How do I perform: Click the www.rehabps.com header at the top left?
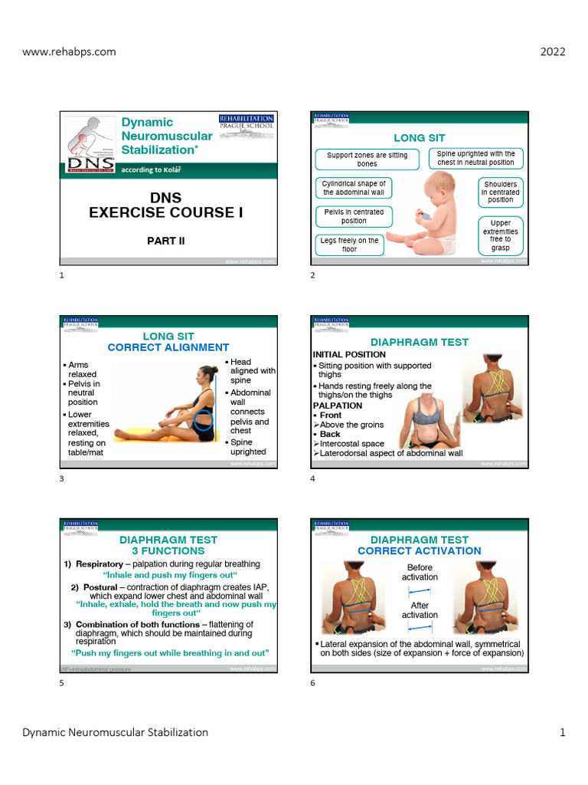[x=69, y=52]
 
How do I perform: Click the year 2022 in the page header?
[x=553, y=52]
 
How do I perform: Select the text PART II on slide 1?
[x=166, y=241]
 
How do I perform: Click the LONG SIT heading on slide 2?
[x=420, y=138]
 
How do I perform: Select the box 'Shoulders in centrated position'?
[x=500, y=192]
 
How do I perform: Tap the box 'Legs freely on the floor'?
[x=349, y=245]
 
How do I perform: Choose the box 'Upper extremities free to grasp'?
[x=500, y=235]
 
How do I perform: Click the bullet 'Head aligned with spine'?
[x=252, y=371]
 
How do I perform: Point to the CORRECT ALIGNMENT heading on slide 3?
[x=168, y=347]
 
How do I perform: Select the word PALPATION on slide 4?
[x=338, y=405]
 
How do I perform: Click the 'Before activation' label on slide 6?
[x=420, y=572]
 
